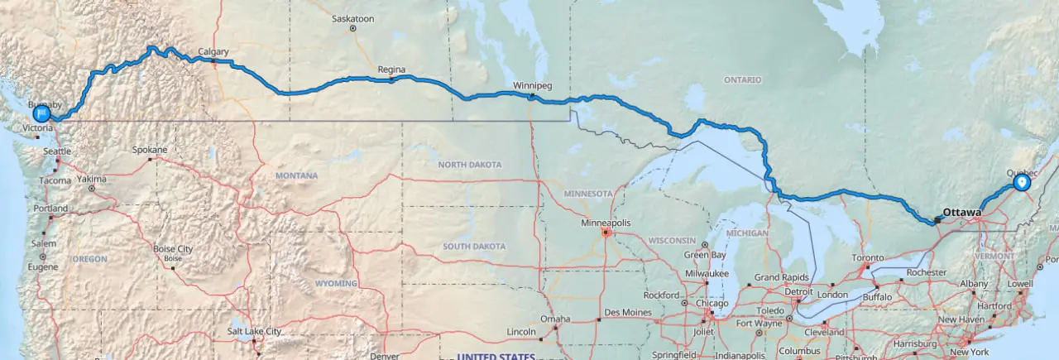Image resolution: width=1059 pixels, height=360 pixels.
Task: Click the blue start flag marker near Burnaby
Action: click(x=41, y=113)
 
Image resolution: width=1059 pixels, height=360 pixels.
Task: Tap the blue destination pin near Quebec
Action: click(x=1022, y=182)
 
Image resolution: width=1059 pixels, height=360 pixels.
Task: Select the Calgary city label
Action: click(x=213, y=52)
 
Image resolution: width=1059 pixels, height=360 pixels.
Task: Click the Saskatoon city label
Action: click(x=352, y=18)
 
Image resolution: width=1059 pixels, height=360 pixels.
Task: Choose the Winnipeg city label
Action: click(x=532, y=86)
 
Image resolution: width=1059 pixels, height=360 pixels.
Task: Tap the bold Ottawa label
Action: click(x=961, y=213)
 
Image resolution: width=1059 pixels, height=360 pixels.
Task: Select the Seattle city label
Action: click(x=58, y=151)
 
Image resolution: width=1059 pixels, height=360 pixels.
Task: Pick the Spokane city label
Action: click(x=150, y=150)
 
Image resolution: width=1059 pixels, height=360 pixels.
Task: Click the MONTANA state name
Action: click(x=297, y=176)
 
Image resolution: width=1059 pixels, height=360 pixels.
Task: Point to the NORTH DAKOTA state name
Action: click(x=469, y=165)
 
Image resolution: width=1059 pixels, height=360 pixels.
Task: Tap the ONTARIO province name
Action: click(x=742, y=79)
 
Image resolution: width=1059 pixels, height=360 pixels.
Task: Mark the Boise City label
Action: click(x=172, y=249)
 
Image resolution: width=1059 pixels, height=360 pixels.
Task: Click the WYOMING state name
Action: click(x=335, y=283)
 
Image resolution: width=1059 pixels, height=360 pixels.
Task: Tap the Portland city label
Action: click(x=50, y=209)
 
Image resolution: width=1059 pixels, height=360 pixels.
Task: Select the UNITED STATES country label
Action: click(x=496, y=356)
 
